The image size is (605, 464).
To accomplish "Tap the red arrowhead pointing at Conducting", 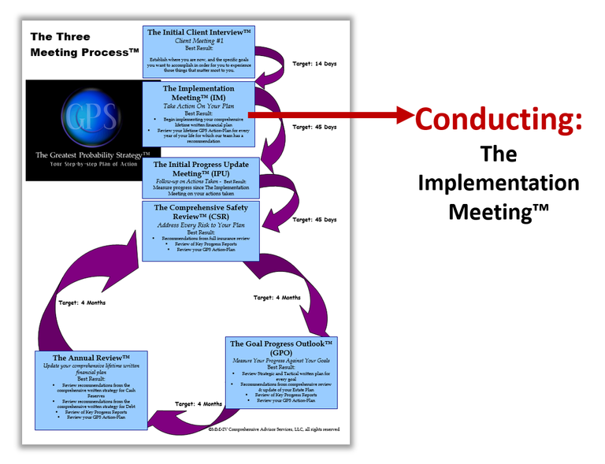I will coord(403,117).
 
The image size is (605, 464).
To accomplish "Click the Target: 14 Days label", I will coord(314,63).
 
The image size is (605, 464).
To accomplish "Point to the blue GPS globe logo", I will coord(94,114).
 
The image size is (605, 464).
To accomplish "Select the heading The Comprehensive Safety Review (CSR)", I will coord(199,213).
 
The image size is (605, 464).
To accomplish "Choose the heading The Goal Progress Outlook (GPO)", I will coord(281,348).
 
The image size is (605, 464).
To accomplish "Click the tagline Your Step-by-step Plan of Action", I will coord(93,165).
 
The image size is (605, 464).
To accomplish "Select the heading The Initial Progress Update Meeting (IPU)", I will coord(199,169).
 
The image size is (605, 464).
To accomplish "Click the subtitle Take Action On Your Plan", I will coord(199,105).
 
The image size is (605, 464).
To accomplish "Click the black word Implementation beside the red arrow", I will coord(498,183).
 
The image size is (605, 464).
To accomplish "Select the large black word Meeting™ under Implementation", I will coord(498,211).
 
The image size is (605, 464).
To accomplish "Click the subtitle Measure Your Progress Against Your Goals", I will coord(281,360).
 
